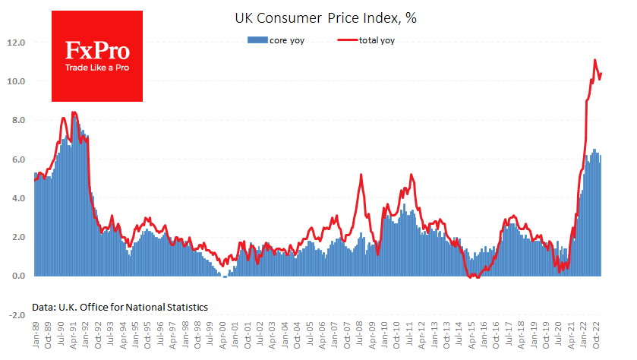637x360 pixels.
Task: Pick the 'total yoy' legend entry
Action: (375, 40)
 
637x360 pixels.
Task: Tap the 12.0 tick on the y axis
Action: (17, 43)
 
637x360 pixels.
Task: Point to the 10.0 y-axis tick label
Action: (17, 81)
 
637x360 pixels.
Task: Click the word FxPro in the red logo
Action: (96, 52)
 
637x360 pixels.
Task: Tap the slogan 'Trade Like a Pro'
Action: (96, 68)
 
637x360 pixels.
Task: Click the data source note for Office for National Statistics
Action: (120, 307)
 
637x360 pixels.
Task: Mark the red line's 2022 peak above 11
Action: (594, 60)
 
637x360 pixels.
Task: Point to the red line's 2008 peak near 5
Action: (361, 175)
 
